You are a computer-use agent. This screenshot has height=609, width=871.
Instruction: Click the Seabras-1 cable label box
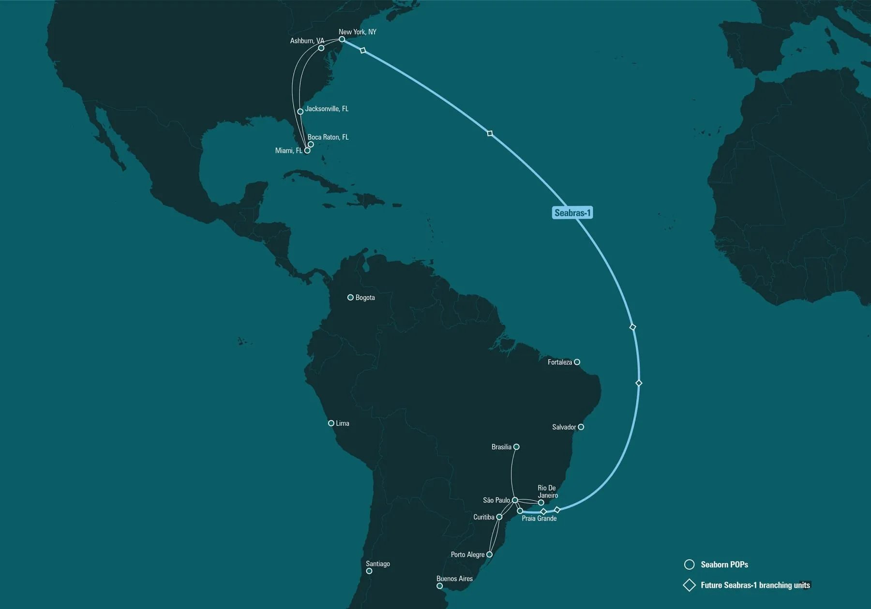pyautogui.click(x=572, y=213)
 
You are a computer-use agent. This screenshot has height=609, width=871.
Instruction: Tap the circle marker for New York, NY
pyautogui.click(x=342, y=39)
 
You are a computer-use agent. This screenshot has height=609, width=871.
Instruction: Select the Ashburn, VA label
pyautogui.click(x=307, y=41)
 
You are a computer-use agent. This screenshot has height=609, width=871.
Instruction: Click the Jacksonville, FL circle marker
pyautogui.click(x=300, y=112)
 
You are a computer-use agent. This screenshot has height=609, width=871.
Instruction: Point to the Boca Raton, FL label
pyautogui.click(x=328, y=137)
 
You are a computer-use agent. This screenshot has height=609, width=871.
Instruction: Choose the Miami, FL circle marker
pyautogui.click(x=307, y=150)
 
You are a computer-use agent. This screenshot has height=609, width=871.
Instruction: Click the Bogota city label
pyautogui.click(x=365, y=298)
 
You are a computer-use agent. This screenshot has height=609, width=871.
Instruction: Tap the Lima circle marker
pyautogui.click(x=331, y=423)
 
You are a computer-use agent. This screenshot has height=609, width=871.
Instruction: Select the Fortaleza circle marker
pyautogui.click(x=577, y=362)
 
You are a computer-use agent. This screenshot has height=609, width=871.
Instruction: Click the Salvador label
pyautogui.click(x=564, y=427)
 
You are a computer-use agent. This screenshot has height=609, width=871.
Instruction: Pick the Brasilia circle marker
pyautogui.click(x=516, y=447)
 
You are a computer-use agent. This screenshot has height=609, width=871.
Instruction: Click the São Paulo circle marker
pyautogui.click(x=515, y=500)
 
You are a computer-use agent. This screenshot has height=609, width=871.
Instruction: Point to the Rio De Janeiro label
pyautogui.click(x=547, y=492)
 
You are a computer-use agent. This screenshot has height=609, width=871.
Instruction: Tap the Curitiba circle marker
pyautogui.click(x=499, y=517)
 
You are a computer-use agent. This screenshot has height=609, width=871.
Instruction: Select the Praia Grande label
pyautogui.click(x=539, y=519)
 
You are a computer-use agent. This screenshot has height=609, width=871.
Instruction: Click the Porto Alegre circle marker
pyautogui.click(x=489, y=554)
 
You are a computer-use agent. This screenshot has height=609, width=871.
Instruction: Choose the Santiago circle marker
pyautogui.click(x=369, y=571)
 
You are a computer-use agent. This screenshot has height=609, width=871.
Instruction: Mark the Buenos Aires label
pyautogui.click(x=454, y=579)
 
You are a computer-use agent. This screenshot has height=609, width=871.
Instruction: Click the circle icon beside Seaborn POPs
pyautogui.click(x=690, y=565)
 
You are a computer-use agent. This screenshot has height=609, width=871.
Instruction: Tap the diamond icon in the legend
pyautogui.click(x=689, y=585)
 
